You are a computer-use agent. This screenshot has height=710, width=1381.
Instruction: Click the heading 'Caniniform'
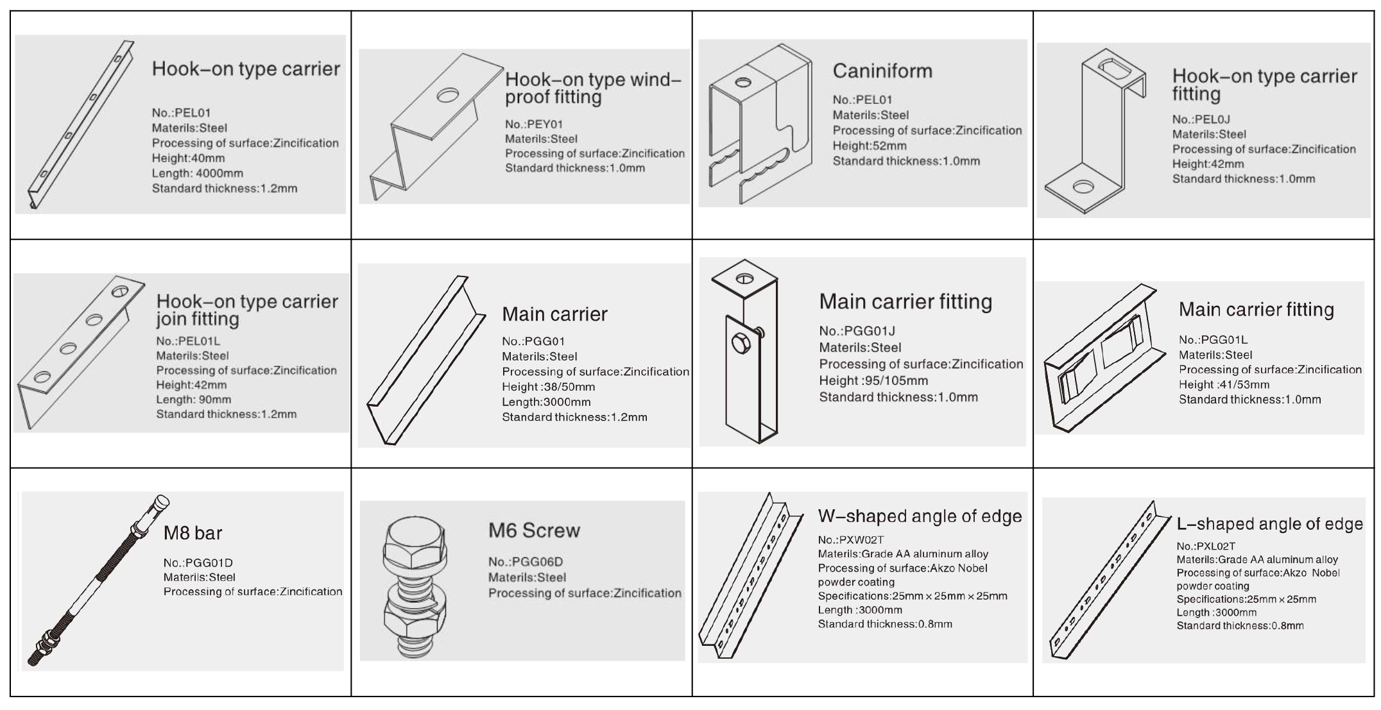882,71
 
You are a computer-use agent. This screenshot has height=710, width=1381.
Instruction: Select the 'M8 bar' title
193,533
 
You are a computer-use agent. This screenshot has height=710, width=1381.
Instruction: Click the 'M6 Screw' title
534,530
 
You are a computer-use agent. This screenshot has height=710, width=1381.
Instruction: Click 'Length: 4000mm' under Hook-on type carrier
198,173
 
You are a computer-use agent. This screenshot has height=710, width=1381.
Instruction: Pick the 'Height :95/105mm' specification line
873,380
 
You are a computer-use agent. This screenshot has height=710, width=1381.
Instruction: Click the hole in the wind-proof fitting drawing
449,96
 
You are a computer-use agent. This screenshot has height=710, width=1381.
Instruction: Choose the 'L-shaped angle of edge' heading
1269,524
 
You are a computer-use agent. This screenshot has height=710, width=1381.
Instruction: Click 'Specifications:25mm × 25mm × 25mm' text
913,596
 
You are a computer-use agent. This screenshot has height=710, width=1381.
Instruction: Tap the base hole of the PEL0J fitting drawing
1083,187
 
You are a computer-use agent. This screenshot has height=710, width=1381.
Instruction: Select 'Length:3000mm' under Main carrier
546,402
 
